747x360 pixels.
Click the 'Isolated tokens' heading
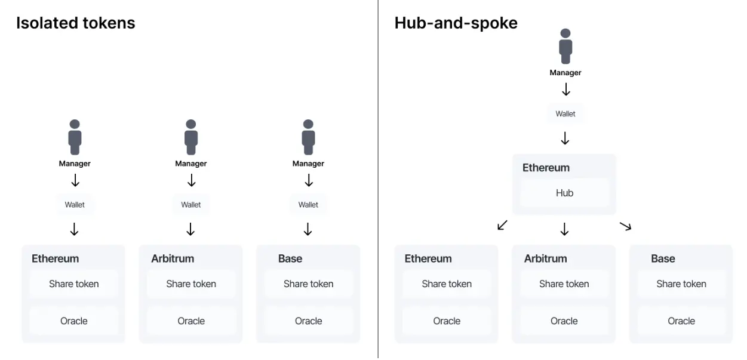click(76, 23)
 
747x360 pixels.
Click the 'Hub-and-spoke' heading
click(456, 23)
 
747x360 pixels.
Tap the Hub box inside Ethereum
click(564, 193)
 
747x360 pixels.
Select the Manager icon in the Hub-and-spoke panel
click(565, 47)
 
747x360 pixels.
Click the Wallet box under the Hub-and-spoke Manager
click(565, 114)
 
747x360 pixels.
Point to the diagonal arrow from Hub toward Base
click(625, 226)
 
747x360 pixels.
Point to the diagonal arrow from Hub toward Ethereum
click(502, 225)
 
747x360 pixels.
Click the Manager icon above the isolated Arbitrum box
click(190, 137)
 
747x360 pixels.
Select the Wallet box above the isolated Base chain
click(308, 205)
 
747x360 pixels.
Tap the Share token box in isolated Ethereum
click(73, 284)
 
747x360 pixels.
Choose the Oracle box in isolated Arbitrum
click(190, 321)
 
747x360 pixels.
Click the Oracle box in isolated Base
click(308, 321)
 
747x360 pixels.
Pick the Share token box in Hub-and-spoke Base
click(681, 284)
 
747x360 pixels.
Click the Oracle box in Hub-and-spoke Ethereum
click(447, 321)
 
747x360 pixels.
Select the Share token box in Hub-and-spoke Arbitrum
click(564, 284)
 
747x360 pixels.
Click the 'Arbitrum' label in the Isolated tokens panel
click(173, 259)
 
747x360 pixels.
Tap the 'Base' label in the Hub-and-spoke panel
click(663, 259)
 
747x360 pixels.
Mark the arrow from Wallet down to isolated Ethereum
click(75, 229)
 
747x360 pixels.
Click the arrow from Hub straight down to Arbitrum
click(564, 229)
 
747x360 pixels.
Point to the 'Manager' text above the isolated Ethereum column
click(75, 164)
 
